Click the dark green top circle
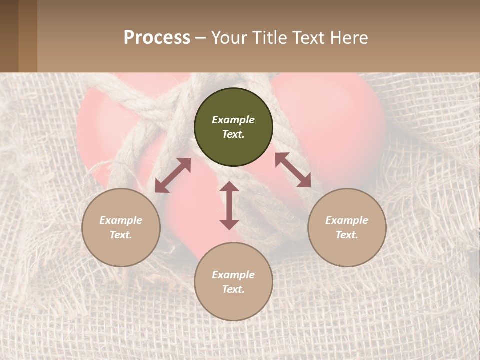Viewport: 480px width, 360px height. [x=233, y=127]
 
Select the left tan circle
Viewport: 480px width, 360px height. [x=121, y=227]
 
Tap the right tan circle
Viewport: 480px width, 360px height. [x=347, y=227]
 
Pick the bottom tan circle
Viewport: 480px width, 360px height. [x=233, y=282]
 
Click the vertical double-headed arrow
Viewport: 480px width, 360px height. [x=229, y=205]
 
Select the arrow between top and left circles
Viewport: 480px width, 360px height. [x=173, y=175]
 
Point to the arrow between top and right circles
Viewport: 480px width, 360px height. [x=293, y=170]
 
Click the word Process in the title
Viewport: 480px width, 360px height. [x=157, y=38]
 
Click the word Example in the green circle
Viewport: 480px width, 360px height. [x=233, y=120]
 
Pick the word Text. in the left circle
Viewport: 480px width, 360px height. [x=121, y=235]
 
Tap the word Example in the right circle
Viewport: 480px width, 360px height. [x=347, y=220]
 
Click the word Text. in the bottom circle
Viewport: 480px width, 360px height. [x=233, y=289]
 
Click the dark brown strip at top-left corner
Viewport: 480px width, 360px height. [x=9, y=36]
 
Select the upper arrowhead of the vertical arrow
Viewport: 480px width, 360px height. [x=229, y=187]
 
